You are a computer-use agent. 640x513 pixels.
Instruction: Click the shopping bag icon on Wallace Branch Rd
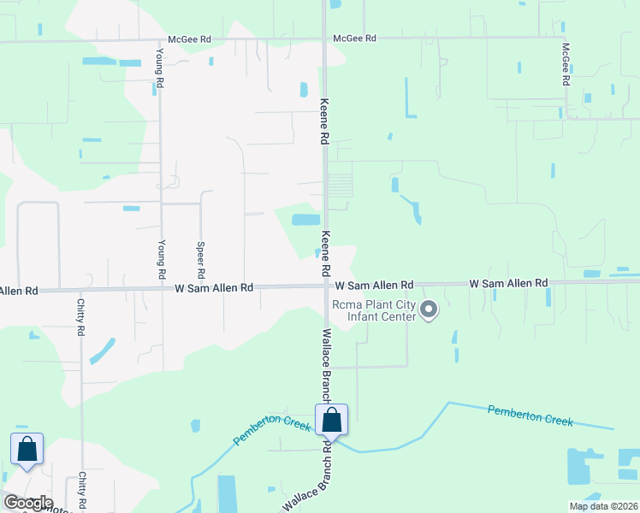[331, 421]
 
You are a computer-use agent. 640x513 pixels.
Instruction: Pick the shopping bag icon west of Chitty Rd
[27, 449]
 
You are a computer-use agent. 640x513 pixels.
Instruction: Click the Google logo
[27, 503]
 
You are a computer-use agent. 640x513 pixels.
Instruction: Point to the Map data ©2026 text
[602, 506]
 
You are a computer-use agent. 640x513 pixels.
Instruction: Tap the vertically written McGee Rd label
[566, 64]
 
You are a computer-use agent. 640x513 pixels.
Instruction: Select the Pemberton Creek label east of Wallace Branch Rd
[529, 416]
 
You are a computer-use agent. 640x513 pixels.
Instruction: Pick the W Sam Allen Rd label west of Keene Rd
[214, 288]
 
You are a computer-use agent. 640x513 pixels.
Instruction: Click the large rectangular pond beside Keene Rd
[305, 220]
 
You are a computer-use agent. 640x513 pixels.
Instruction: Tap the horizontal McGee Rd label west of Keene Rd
[189, 38]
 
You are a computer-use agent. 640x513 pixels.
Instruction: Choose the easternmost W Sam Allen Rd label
[508, 283]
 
